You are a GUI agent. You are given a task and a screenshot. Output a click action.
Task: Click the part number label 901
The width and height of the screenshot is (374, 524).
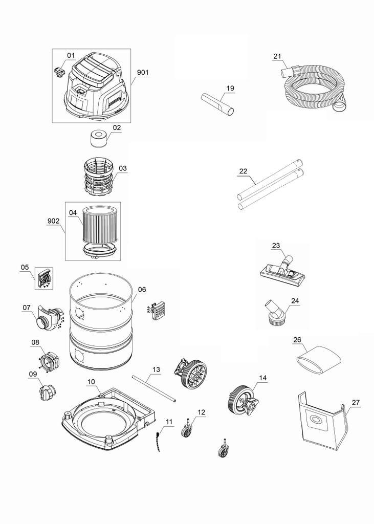coord(143,73)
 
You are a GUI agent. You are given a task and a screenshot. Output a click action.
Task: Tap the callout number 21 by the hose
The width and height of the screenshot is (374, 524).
coord(277,56)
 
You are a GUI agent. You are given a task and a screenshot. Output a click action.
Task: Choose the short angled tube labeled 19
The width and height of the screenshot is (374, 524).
coord(218,104)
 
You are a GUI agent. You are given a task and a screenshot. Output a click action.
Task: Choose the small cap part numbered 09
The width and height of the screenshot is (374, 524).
coord(48,393)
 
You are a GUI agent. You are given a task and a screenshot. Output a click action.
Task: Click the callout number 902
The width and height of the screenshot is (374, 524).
coord(53,221)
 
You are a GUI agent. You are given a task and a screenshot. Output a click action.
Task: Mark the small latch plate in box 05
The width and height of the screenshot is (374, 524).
coord(45,278)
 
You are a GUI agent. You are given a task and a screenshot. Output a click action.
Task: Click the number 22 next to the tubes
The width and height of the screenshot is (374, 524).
coord(244,171)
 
